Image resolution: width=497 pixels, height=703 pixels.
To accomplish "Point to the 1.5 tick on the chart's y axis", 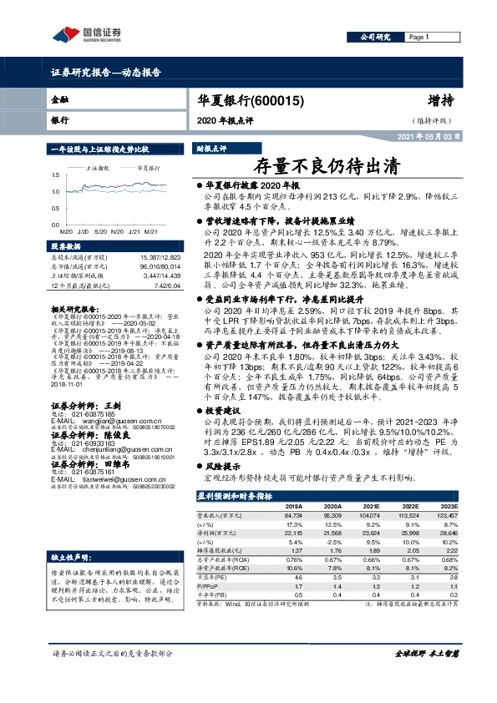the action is [x=55, y=175].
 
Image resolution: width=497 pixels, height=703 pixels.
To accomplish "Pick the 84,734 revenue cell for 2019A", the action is [x=293, y=493].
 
